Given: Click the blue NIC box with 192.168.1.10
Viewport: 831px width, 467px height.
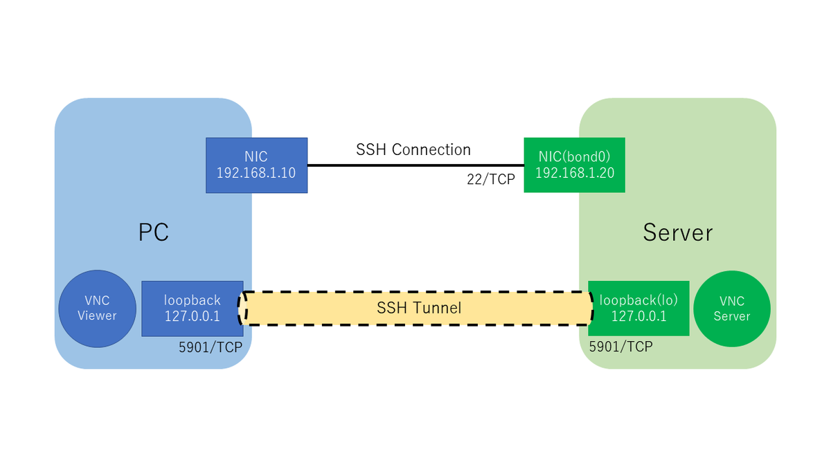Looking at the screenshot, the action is click(256, 165).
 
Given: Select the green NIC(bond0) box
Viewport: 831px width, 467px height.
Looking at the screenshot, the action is click(574, 165).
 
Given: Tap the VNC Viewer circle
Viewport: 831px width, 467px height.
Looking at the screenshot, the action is click(97, 309).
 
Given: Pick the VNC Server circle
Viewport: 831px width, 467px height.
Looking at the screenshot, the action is click(731, 309).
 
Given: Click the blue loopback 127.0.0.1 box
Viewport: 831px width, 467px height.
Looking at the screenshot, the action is click(193, 309).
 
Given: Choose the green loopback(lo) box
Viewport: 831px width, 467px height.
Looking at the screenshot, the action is click(638, 309).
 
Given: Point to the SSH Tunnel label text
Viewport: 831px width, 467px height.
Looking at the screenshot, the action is click(419, 308).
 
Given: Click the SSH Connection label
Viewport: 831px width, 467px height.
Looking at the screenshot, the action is click(413, 149).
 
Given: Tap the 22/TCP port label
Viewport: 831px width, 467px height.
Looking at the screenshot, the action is click(491, 179).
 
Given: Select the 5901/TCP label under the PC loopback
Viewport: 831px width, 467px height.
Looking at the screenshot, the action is click(211, 347).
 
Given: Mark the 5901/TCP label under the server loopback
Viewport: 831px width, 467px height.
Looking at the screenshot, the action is click(620, 347).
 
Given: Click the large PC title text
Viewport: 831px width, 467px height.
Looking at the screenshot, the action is click(154, 232).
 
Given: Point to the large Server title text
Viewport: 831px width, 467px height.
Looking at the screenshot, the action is click(678, 232).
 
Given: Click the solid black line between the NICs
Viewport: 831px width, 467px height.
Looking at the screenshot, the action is click(415, 165).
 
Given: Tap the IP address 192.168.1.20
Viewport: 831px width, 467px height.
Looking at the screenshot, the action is click(575, 173).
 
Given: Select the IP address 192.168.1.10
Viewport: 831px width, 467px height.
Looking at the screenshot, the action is click(256, 173).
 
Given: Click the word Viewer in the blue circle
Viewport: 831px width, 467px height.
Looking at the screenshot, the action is click(97, 315).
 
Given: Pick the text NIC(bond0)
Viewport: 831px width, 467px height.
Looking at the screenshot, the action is click(574, 157).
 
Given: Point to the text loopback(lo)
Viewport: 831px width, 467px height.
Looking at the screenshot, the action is click(638, 300).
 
